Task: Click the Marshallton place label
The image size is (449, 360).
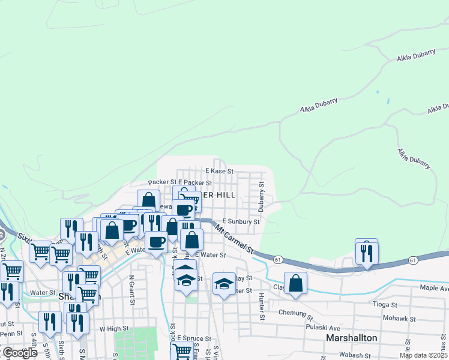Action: click(351, 338)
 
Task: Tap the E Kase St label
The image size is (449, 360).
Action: click(218, 171)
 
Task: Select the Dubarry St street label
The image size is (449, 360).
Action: click(262, 196)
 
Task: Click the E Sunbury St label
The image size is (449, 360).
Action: click(240, 221)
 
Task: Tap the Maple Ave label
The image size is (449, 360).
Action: click(435, 288)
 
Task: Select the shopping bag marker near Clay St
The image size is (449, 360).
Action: click(295, 284)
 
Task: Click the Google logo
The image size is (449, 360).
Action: click(19, 353)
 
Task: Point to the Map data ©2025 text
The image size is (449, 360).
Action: click(423, 355)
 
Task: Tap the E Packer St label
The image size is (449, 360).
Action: click(195, 182)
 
